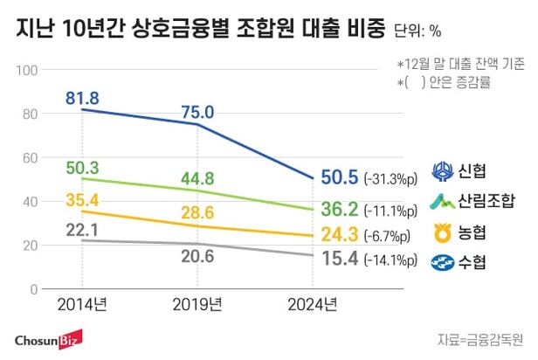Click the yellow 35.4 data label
[x=82, y=199]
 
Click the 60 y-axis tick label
[x=31, y=157]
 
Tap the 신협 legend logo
[x=441, y=170]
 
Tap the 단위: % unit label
[x=417, y=31]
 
